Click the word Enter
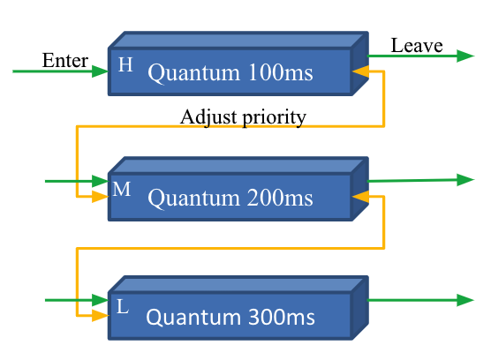click(65, 60)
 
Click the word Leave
click(417, 45)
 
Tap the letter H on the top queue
click(125, 64)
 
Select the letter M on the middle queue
click(122, 189)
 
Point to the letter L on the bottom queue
click(123, 306)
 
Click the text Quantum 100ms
click(230, 73)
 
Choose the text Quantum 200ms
click(230, 199)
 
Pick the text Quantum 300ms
click(230, 317)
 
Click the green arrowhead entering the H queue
click(100, 71)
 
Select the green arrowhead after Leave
click(465, 56)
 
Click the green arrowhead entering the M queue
click(100, 181)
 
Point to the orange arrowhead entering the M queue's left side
click(100, 197)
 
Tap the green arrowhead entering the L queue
click(100, 300)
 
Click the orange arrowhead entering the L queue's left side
click(100, 315)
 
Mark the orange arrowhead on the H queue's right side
click(360, 71)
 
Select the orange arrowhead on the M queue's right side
click(360, 197)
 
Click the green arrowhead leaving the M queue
click(465, 180)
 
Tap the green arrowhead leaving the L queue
click(465, 300)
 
